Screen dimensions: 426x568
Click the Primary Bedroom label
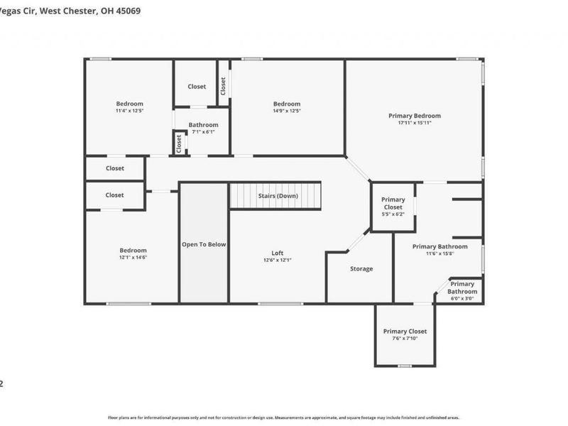point(414,116)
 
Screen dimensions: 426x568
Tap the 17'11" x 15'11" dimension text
point(414,123)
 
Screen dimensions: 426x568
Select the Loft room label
point(278,253)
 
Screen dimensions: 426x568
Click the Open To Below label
point(204,244)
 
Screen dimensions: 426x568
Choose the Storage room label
point(361,268)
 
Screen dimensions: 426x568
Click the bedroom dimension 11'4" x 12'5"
point(130,111)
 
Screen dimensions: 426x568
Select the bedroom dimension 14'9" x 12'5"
point(287,111)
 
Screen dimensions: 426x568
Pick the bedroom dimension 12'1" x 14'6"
point(133,257)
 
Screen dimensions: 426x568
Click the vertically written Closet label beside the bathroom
point(179,143)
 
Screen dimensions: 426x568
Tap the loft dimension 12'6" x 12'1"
point(278,260)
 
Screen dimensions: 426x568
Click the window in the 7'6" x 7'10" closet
point(404,366)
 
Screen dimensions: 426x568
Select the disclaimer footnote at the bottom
point(284,417)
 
